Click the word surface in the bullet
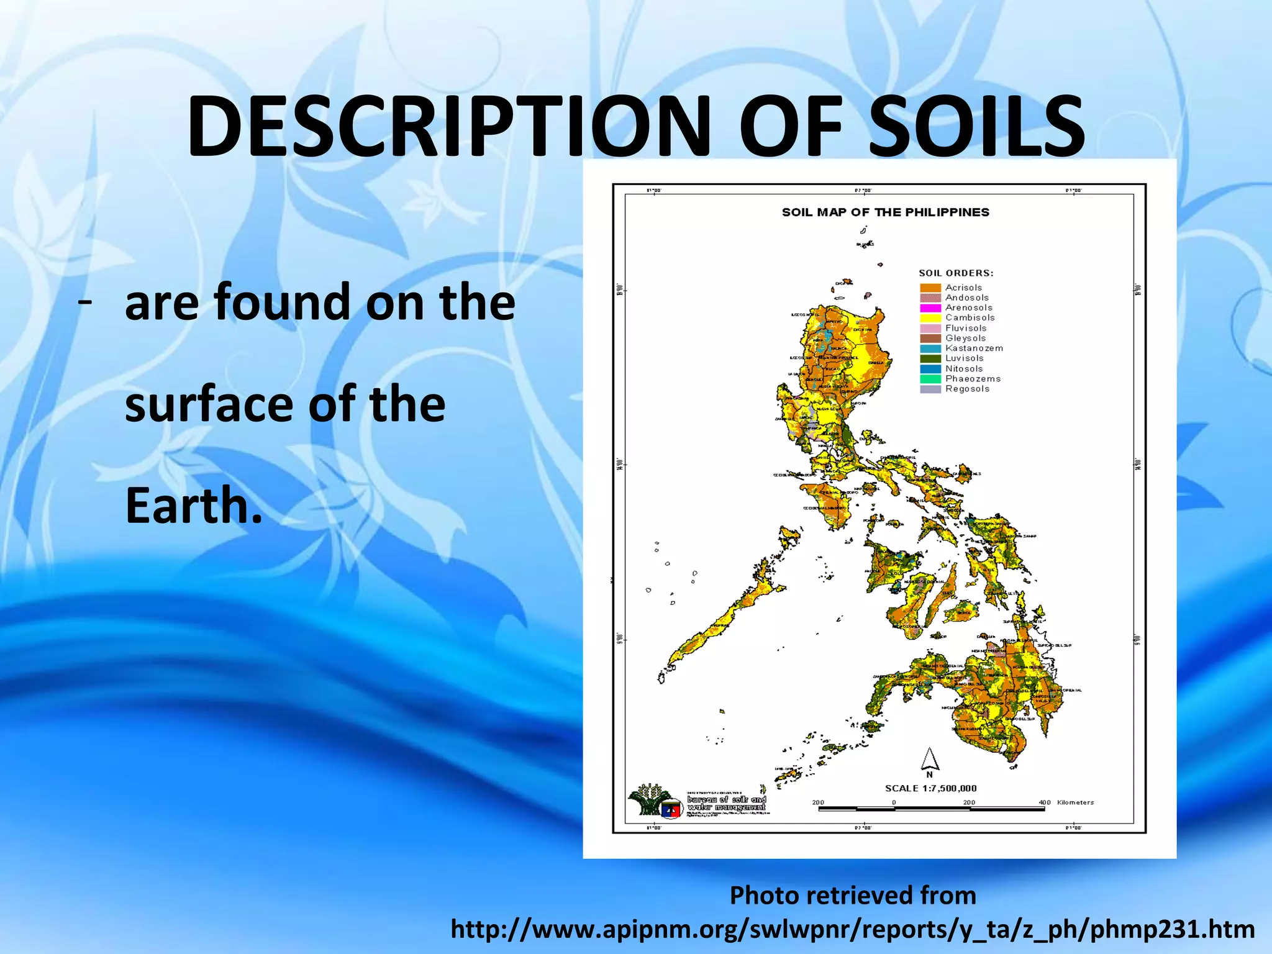click(208, 404)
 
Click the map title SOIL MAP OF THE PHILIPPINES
click(885, 212)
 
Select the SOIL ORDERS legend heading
click(956, 273)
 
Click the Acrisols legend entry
click(963, 288)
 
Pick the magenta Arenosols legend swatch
click(930, 308)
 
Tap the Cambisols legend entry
click(970, 318)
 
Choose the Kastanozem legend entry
click(974, 348)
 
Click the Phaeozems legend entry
click(973, 379)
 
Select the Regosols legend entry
click(967, 389)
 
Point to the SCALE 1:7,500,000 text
click(930, 788)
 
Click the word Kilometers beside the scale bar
click(1075, 802)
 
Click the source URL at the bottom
click(852, 930)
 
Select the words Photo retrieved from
click(852, 896)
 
